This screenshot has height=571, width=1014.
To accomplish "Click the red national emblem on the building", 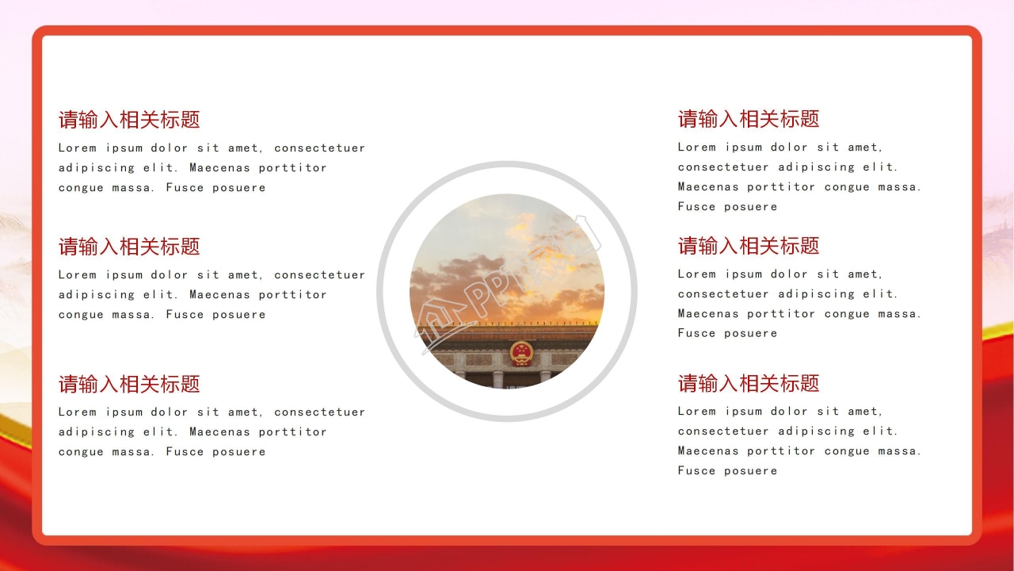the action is tap(521, 354).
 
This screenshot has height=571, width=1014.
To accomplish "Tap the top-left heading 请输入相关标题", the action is tap(129, 120).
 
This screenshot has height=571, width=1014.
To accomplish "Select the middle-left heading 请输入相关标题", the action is tap(129, 247).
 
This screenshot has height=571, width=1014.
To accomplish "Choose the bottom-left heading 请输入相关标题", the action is tap(129, 384).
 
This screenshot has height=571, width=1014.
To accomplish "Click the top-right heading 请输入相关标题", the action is tap(749, 119).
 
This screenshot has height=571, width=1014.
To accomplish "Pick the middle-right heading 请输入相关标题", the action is tap(749, 246).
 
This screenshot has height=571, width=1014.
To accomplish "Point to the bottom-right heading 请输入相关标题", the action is tap(749, 383).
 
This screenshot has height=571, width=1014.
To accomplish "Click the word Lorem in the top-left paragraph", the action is tap(78, 148).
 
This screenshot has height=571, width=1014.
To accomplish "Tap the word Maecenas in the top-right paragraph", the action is tap(708, 186).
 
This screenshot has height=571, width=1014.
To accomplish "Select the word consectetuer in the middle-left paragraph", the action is tap(319, 274).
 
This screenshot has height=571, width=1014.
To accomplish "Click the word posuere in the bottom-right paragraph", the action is tap(750, 471).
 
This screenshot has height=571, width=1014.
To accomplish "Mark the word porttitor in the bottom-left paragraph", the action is tap(292, 432).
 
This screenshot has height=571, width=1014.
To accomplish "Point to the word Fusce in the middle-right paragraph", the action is tap(696, 333).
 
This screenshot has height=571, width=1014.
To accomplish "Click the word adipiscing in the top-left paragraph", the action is tap(97, 167).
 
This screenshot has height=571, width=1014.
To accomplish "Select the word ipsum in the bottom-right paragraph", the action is tap(744, 411).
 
